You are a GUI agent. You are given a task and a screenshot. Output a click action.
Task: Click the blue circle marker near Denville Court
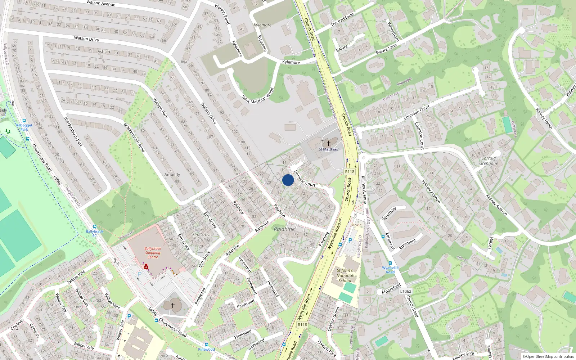coord(288,180)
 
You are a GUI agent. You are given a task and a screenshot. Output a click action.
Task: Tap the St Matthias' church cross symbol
coord(328,143)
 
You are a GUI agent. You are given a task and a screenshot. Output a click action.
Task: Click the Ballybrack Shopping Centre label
coord(153,253)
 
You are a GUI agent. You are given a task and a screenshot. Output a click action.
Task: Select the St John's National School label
coord(345,275)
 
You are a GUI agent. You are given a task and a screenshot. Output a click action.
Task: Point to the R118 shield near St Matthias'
coord(350,172)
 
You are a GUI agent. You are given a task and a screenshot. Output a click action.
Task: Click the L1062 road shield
coord(405,291)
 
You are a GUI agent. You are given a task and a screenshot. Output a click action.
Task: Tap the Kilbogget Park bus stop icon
coord(24,121)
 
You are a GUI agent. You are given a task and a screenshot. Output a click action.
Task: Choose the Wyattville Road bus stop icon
coord(390,263)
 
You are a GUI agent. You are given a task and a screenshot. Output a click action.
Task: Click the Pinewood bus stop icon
coord(206,345)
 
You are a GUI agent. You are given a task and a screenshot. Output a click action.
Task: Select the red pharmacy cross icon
coord(147,267)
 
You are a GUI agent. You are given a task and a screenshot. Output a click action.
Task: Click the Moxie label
coord(356,225)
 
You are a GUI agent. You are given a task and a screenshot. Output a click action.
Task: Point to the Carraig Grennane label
coord(489,161)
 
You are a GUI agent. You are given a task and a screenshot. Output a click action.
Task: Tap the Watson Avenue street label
coord(101,3)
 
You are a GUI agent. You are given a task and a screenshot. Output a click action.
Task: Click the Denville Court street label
coord(305,179)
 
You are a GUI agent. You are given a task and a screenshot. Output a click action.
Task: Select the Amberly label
coord(172,175)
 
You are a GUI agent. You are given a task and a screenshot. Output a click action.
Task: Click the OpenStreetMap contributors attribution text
coord(548,356)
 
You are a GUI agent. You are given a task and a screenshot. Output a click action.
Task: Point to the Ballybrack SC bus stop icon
coord(95,227)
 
